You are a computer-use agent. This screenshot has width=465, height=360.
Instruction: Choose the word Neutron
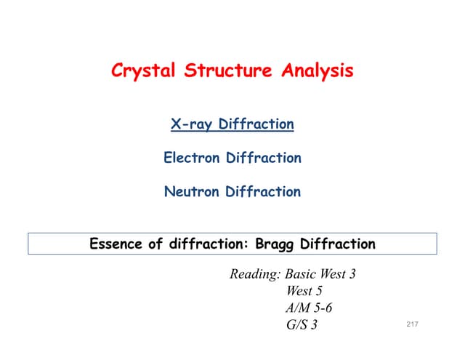[x=192, y=192]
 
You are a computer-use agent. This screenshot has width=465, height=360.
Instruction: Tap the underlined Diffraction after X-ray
[x=258, y=124]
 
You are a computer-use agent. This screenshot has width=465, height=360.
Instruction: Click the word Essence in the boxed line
[x=116, y=244]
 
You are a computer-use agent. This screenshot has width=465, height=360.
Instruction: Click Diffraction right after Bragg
[x=338, y=244]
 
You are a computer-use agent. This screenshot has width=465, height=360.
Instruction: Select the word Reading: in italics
[x=255, y=275]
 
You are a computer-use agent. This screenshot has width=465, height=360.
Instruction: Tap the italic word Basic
[x=302, y=275]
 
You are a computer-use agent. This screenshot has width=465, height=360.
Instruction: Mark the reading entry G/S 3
[x=302, y=325]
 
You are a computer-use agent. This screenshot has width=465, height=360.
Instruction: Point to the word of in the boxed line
[x=158, y=244]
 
